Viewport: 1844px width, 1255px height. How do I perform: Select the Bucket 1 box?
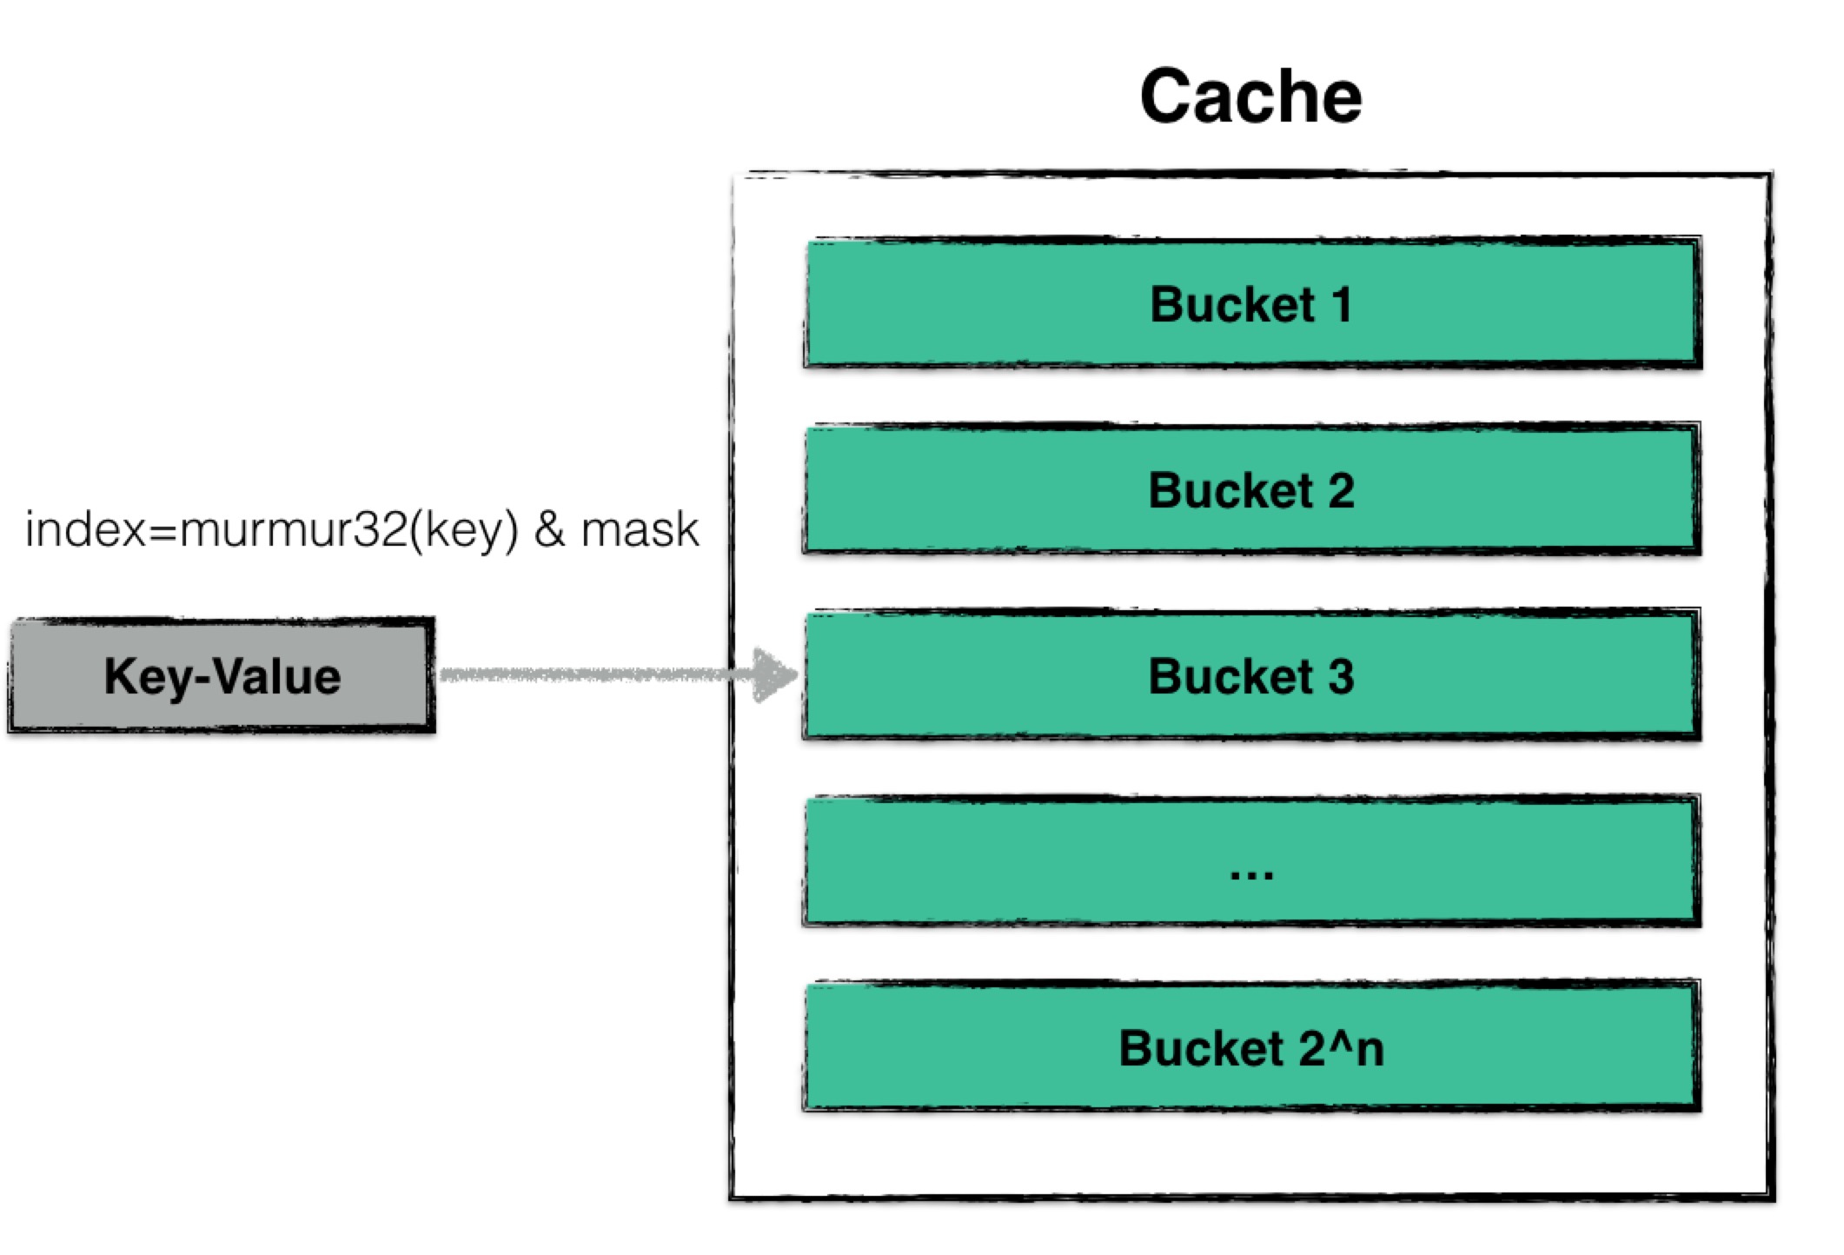click(1251, 303)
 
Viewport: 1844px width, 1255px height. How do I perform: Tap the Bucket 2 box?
click(1251, 489)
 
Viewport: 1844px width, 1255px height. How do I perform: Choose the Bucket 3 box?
click(1251, 675)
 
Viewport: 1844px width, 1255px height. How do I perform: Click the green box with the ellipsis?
click(1251, 860)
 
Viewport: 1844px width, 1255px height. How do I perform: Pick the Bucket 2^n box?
click(1251, 1046)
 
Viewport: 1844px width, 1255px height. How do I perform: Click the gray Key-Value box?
click(222, 676)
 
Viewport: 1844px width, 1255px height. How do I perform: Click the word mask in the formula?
click(640, 529)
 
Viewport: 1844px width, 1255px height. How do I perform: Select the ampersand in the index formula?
click(549, 528)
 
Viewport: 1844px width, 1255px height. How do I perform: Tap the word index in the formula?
click(85, 528)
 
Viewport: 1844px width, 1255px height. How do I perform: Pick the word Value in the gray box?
click(277, 676)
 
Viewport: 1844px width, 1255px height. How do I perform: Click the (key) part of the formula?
click(464, 530)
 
